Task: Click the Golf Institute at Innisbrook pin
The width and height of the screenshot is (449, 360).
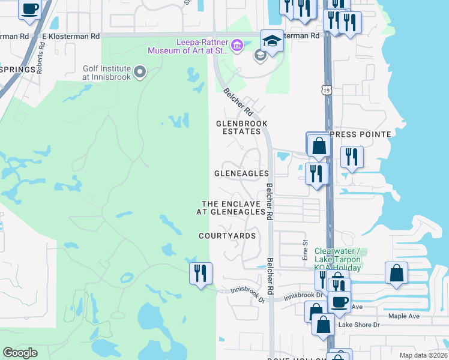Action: (x=140, y=73)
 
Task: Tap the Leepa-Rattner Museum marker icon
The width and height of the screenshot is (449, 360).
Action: (x=237, y=46)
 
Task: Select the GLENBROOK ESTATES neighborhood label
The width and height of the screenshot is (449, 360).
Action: (x=241, y=127)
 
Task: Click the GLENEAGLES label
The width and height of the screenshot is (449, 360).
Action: (x=242, y=173)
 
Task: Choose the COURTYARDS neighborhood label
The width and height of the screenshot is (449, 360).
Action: (x=228, y=236)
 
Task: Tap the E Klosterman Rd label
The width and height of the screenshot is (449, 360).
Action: (x=71, y=36)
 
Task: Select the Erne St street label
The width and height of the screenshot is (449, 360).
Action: (x=305, y=251)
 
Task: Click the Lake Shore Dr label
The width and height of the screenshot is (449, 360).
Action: (x=359, y=325)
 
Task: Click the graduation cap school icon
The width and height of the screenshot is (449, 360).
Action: (x=272, y=41)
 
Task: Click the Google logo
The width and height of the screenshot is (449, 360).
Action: (x=20, y=353)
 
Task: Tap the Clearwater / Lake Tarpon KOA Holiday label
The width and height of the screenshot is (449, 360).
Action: (x=337, y=259)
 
